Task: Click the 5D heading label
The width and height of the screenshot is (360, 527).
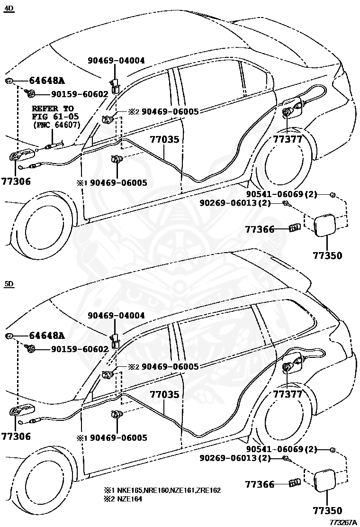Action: click(9, 284)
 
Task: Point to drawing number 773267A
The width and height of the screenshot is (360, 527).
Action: click(342, 522)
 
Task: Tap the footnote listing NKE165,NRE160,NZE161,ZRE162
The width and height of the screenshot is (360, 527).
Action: click(168, 490)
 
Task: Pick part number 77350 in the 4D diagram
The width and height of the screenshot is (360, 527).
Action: click(327, 255)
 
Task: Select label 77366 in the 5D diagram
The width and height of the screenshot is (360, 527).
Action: click(260, 484)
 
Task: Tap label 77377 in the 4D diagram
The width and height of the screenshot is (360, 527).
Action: click(287, 139)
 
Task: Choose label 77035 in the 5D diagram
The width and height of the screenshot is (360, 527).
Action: click(165, 394)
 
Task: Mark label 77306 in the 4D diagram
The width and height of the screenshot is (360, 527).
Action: click(16, 181)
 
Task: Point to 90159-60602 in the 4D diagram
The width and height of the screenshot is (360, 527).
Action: click(73, 94)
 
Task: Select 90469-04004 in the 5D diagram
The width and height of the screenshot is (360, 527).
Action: click(116, 315)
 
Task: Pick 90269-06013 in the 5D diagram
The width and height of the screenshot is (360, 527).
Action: click(235, 458)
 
